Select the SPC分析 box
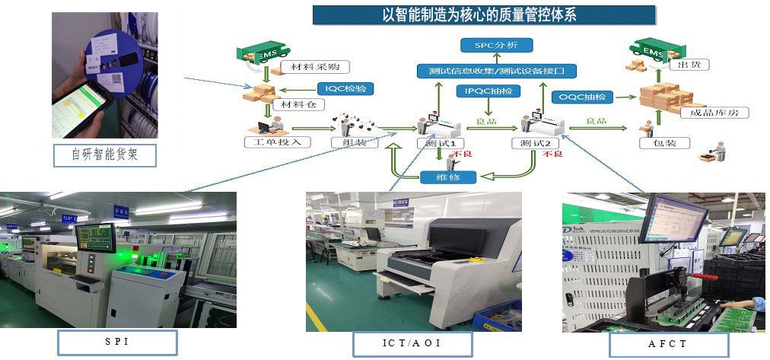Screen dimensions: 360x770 [496, 45]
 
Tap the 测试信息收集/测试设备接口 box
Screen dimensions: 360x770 [496, 71]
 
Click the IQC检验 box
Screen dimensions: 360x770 [345, 88]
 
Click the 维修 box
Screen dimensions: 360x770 [448, 177]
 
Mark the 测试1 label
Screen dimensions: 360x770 [441, 143]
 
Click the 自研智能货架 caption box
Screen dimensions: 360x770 [104, 155]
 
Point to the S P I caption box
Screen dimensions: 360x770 [116, 342]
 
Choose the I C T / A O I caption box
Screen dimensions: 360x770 [412, 344]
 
